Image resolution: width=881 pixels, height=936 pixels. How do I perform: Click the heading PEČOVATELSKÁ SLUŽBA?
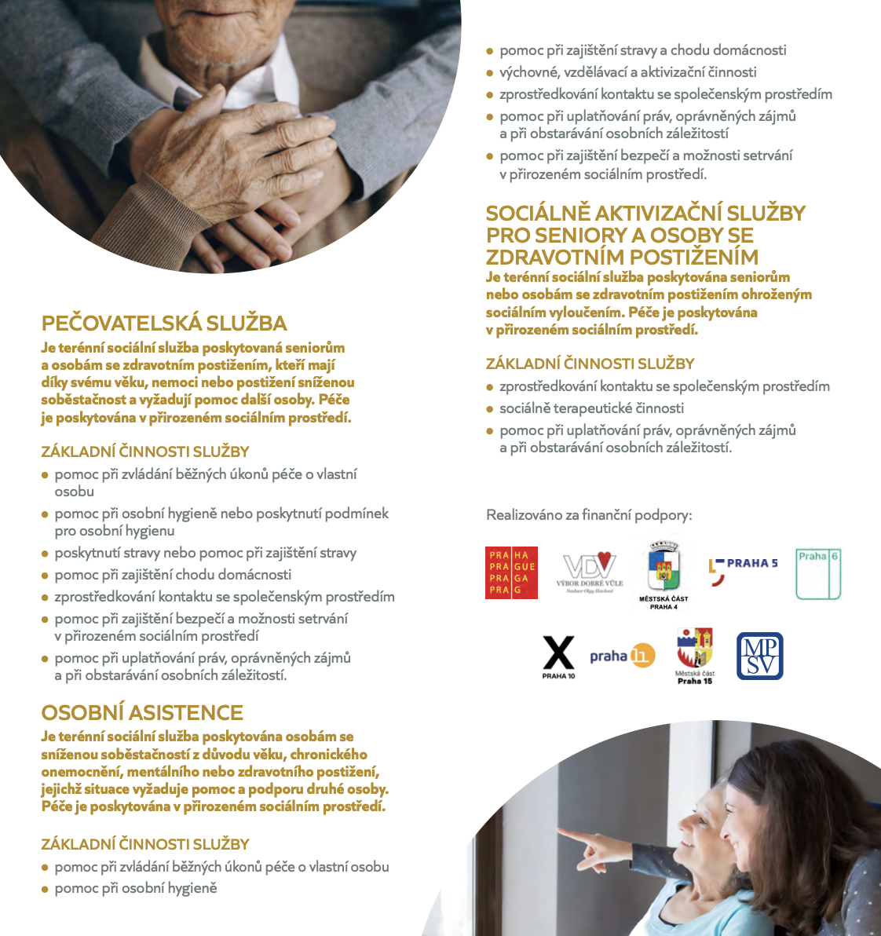click(x=164, y=324)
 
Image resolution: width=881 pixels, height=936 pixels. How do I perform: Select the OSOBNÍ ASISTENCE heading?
click(x=142, y=713)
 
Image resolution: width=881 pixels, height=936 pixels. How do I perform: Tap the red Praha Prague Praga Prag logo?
click(x=511, y=572)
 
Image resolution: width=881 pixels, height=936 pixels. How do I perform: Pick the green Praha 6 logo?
click(x=818, y=574)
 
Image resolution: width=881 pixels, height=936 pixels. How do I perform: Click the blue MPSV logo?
click(x=759, y=656)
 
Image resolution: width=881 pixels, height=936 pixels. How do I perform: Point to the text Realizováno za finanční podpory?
click(x=589, y=515)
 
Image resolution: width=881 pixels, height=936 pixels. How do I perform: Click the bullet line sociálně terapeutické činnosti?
click(x=591, y=408)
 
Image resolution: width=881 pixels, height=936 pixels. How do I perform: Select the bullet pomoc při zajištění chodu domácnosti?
click(x=173, y=575)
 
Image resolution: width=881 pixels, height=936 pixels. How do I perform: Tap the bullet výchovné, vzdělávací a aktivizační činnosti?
click(x=627, y=72)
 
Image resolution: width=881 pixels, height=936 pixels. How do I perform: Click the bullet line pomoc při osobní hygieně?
click(x=135, y=888)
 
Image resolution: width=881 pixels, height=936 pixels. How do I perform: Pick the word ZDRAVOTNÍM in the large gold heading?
click(x=563, y=257)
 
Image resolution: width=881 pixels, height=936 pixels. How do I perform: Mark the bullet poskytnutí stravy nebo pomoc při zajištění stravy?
click(x=205, y=553)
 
